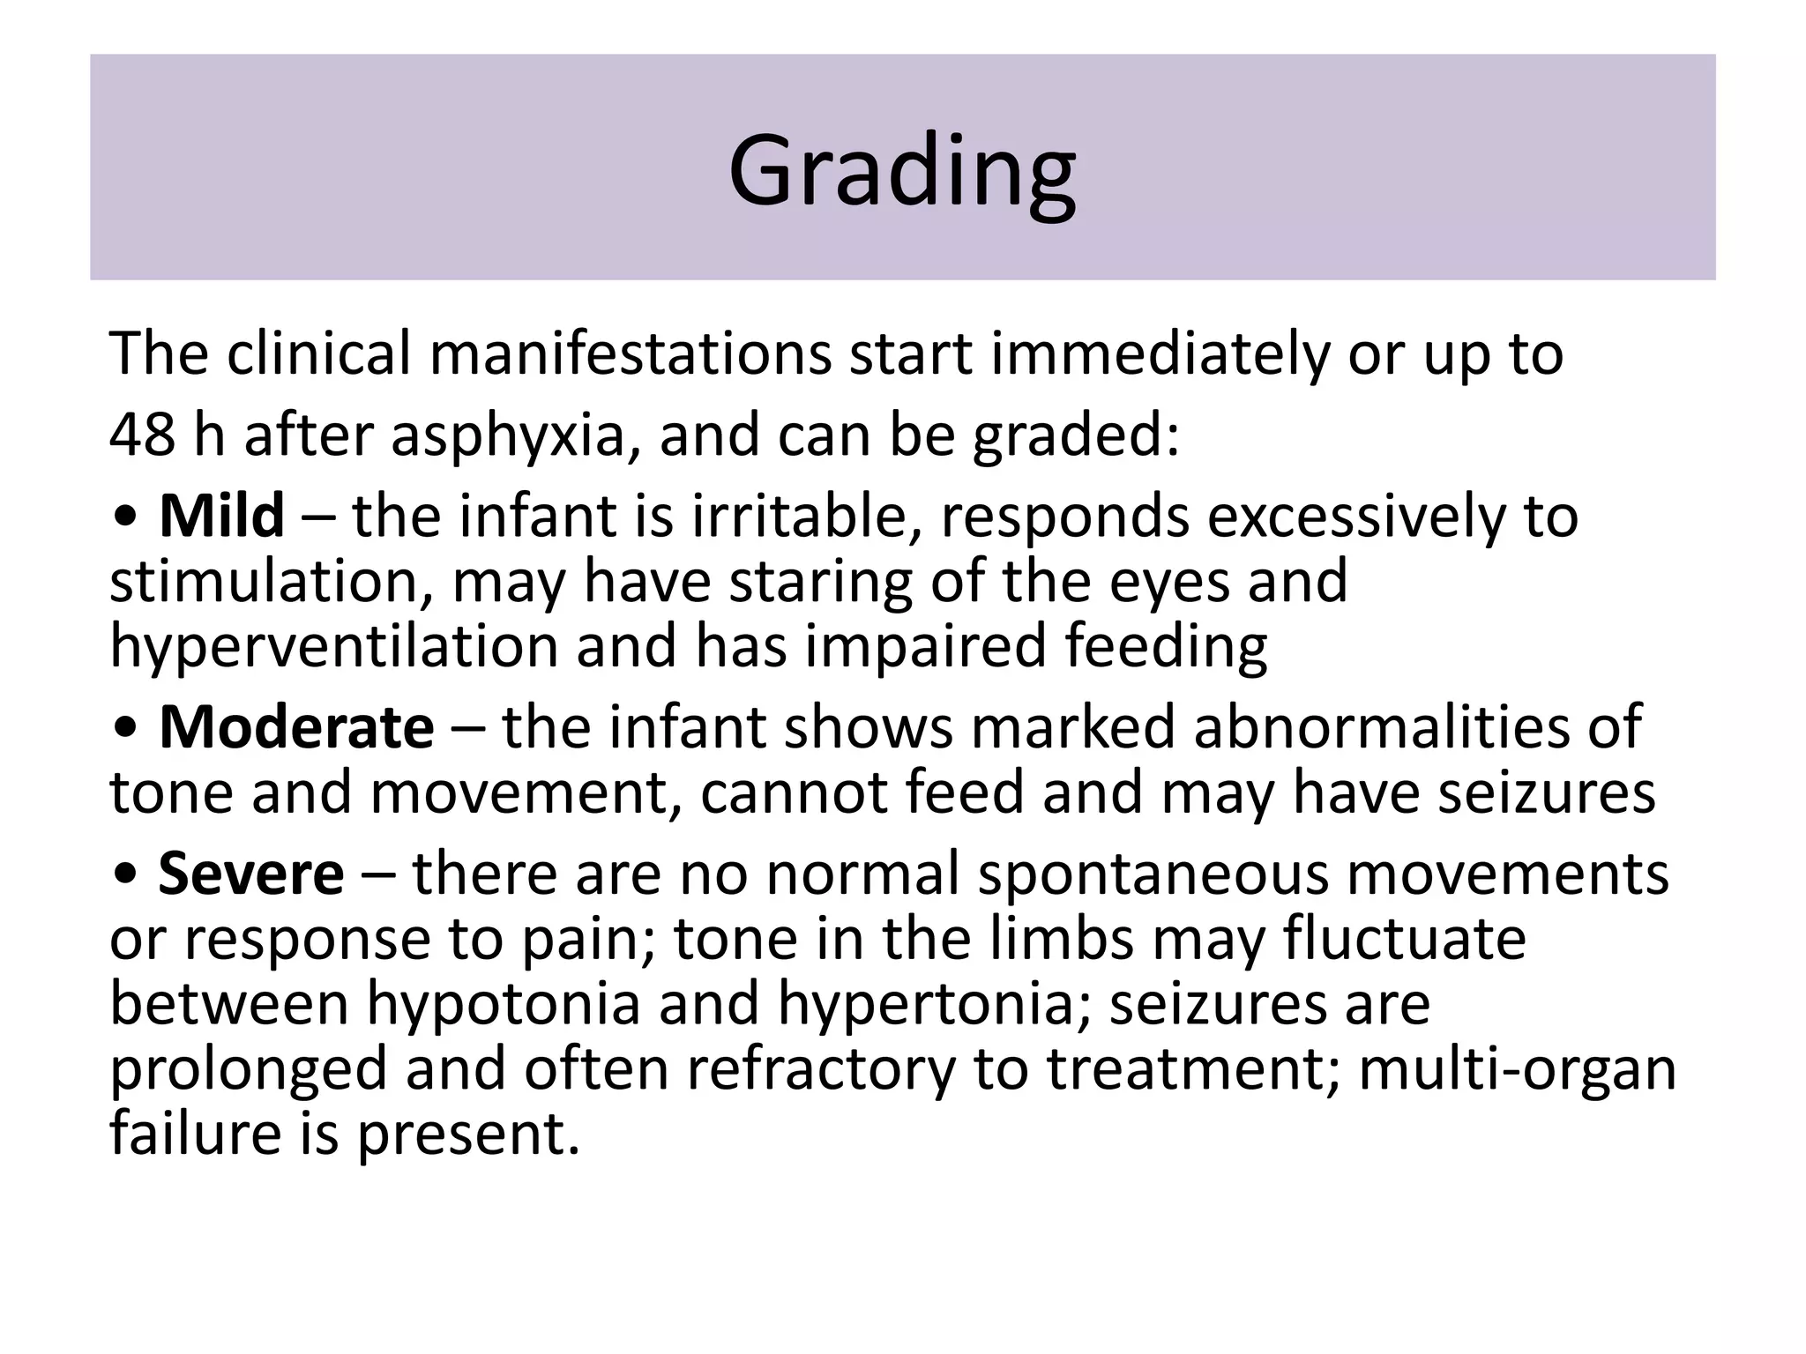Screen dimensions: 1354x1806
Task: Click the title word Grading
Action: [x=901, y=169]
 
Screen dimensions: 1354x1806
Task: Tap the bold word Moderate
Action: [x=296, y=728]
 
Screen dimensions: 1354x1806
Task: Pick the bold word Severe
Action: [x=250, y=874]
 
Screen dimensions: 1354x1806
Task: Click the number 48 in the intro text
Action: [x=141, y=435]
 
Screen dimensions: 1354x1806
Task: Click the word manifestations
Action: [x=630, y=353]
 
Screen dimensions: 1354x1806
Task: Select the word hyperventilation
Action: [x=334, y=646]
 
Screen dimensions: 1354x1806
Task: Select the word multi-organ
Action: [x=1517, y=1069]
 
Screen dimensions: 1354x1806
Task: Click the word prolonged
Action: [x=249, y=1069]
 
